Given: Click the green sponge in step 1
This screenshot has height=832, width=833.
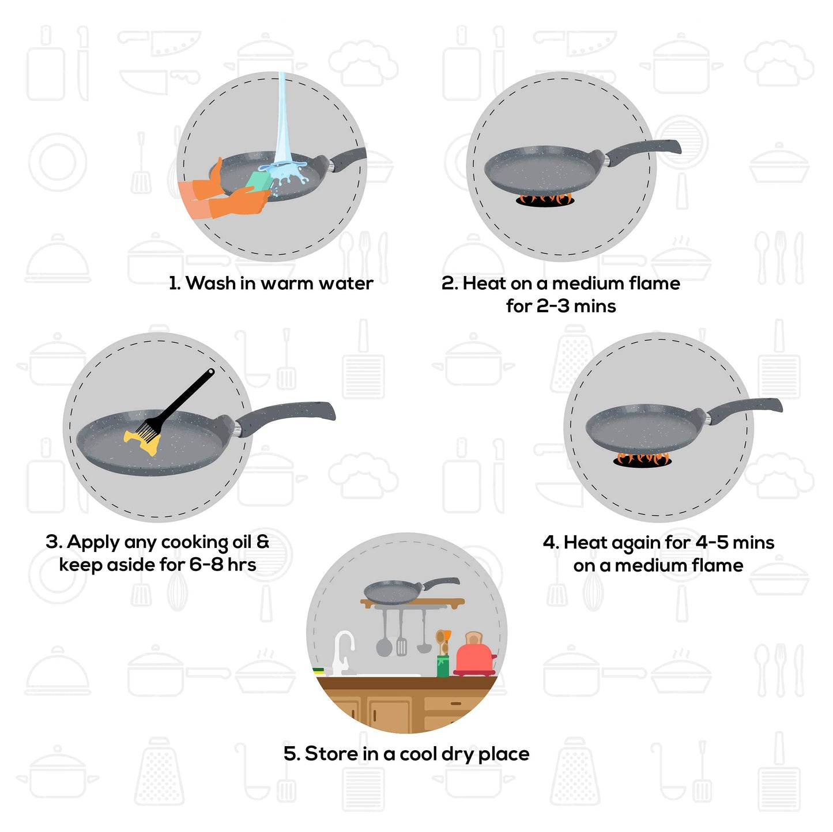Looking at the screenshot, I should (x=259, y=181).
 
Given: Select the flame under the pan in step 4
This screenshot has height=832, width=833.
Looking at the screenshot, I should (x=643, y=459).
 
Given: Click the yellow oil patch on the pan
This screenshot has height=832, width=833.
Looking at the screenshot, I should (x=141, y=443).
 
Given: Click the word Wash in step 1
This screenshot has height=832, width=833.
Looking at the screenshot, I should (x=210, y=283).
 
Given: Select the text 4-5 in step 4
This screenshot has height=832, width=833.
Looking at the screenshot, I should (x=712, y=543).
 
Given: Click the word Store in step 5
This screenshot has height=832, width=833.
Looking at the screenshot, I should (x=331, y=754).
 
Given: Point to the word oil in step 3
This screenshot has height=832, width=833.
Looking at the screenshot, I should (x=242, y=542).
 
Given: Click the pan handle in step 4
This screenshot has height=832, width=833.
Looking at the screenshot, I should (x=745, y=407).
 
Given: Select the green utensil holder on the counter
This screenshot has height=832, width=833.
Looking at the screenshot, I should (x=443, y=665).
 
